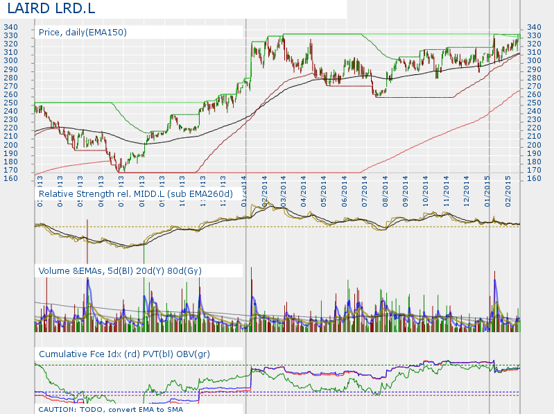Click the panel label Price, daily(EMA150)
(83, 32)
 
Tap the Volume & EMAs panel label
(120, 270)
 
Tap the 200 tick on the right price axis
(534, 144)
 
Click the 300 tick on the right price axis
(534, 61)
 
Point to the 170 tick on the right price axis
(534, 170)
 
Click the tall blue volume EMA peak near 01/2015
(495, 281)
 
